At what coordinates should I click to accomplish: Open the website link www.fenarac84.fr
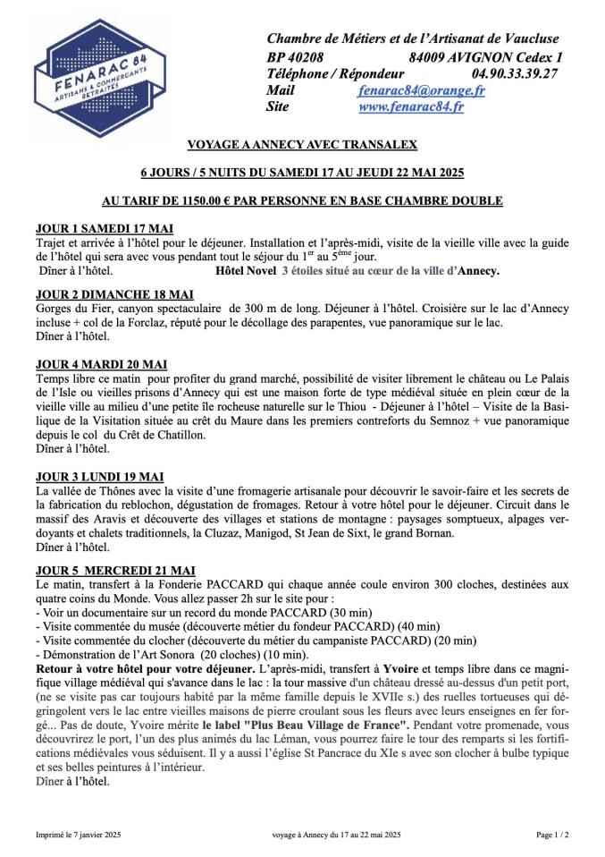[410, 107]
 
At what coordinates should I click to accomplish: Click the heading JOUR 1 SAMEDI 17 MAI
[104, 228]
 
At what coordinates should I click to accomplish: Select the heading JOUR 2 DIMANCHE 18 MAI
[113, 294]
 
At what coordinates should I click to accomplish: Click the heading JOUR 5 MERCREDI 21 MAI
[115, 570]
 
